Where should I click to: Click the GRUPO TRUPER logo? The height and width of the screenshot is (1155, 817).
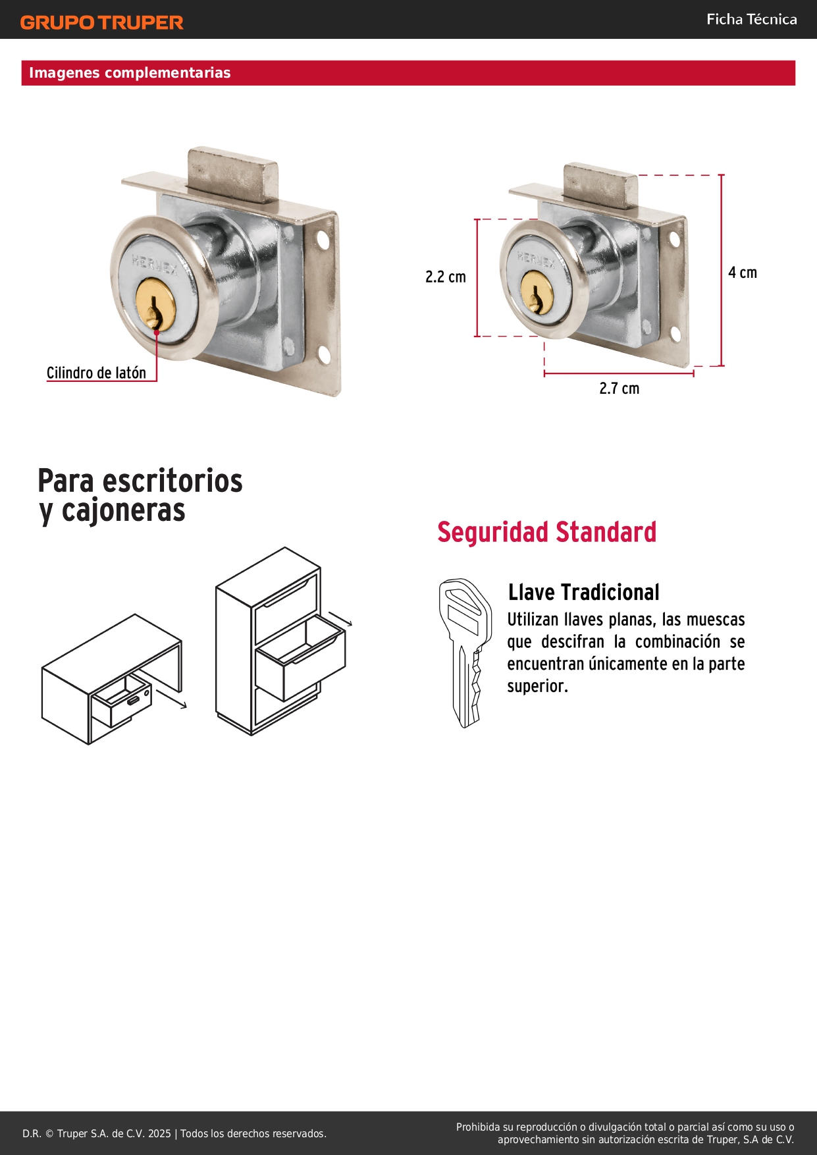tap(102, 22)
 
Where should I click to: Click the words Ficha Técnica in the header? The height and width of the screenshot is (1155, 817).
tap(752, 19)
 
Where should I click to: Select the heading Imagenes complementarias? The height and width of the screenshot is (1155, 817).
tap(130, 72)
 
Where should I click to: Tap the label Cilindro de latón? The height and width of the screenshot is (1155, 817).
tap(96, 373)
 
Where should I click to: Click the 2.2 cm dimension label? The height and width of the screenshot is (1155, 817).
tap(446, 277)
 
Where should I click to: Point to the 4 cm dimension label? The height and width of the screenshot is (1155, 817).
tap(743, 273)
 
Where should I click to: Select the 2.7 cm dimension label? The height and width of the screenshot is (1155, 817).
tap(619, 389)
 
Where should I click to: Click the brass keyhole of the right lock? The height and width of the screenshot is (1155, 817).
tap(537, 292)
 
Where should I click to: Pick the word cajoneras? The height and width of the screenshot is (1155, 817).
tap(124, 510)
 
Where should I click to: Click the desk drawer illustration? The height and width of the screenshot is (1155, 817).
tap(112, 680)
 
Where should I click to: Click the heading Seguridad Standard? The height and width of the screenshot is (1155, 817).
tap(547, 532)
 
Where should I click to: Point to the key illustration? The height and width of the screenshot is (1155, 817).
tap(465, 653)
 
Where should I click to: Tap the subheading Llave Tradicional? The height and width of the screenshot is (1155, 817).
tap(583, 592)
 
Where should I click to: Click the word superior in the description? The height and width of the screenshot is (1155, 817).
tap(537, 686)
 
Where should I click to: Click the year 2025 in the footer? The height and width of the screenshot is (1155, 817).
tap(159, 1133)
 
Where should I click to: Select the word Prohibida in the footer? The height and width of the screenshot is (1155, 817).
tap(478, 1127)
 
